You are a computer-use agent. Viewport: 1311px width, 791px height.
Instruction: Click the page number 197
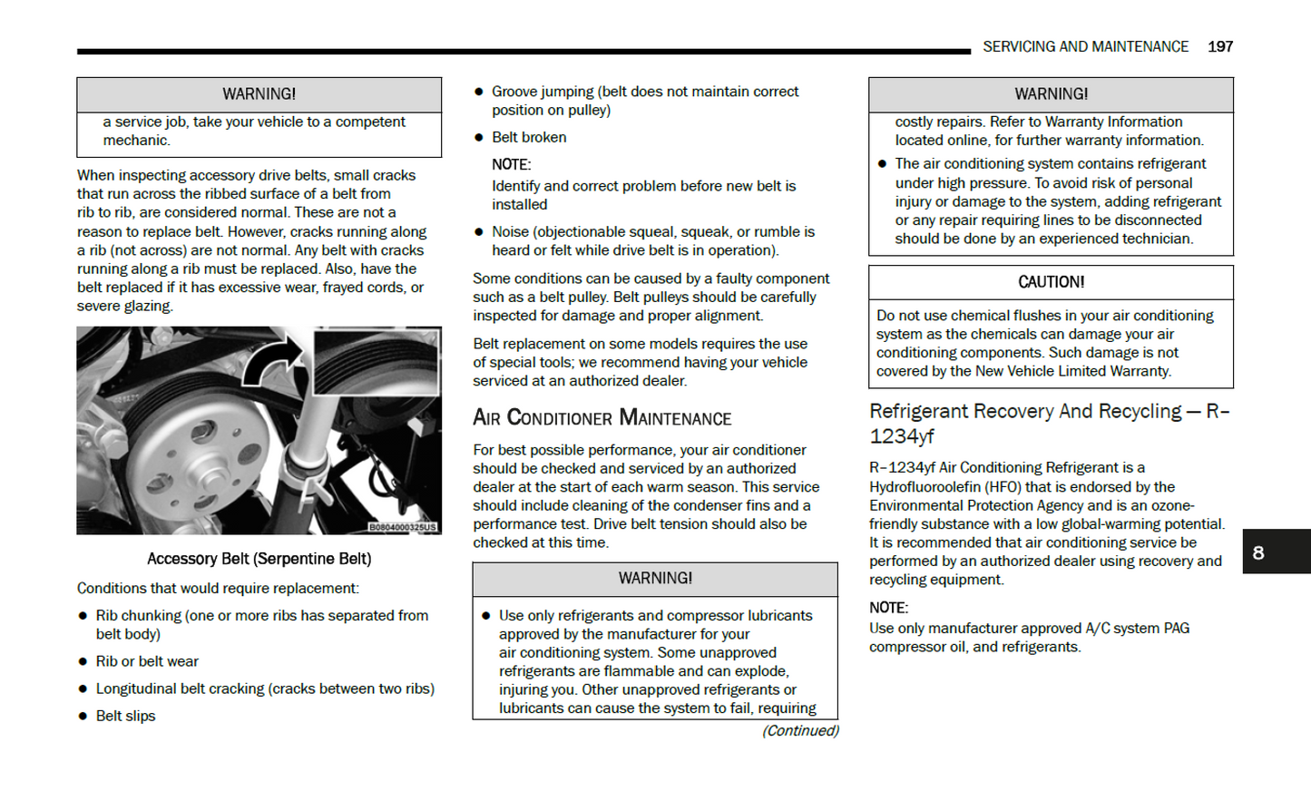[x=1219, y=46]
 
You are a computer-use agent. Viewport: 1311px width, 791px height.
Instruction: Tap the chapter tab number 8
[x=1257, y=552]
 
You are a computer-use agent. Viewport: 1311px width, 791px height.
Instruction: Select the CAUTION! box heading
[x=1051, y=282]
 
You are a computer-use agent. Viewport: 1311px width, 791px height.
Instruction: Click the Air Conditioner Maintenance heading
[x=602, y=417]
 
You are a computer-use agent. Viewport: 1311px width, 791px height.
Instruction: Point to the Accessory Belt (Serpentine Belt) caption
[x=259, y=559]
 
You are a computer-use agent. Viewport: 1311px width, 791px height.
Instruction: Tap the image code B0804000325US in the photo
[x=402, y=527]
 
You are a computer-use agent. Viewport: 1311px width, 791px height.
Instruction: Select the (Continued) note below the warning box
[x=800, y=730]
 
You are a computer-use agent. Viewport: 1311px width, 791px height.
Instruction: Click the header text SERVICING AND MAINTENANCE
[x=1085, y=46]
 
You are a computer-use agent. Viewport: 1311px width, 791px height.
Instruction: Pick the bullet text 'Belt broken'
[x=529, y=137]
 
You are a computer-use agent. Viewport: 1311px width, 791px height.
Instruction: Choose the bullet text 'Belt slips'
[x=125, y=716]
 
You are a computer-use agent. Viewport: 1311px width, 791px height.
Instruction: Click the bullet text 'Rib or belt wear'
[x=147, y=661]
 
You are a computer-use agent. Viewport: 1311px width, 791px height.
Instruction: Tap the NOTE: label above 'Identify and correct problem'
[x=511, y=164]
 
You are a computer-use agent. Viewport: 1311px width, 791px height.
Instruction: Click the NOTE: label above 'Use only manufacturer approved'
[x=888, y=608]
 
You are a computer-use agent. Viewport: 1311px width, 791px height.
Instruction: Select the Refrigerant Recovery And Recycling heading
[x=1049, y=423]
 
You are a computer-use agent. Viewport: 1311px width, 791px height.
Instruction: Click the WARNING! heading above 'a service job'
[x=259, y=94]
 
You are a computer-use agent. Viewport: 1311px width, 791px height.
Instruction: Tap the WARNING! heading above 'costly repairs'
[x=1051, y=94]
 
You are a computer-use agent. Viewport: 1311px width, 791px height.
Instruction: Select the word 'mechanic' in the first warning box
[x=134, y=141]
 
